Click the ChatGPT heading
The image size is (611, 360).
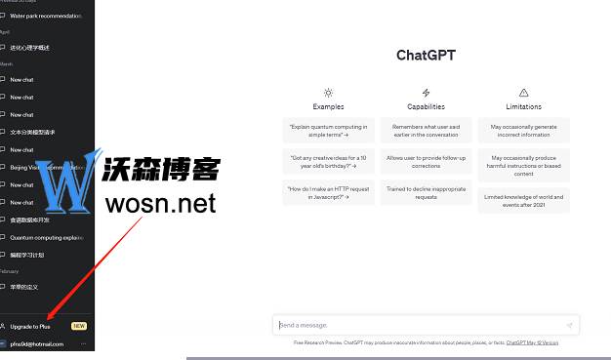[x=426, y=56]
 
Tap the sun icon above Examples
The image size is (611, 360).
[x=328, y=93]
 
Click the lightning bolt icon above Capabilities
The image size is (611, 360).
[x=426, y=93]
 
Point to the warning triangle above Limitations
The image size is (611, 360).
[x=523, y=93]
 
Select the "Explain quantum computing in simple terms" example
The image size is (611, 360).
[x=328, y=130]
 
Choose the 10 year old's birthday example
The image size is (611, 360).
[x=328, y=161]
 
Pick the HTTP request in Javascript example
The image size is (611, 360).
[x=328, y=192]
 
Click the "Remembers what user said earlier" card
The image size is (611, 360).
[x=426, y=130]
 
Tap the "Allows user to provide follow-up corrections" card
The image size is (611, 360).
[x=426, y=161]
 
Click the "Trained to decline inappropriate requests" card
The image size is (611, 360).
[x=426, y=192]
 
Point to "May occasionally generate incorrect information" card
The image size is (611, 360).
[x=523, y=130]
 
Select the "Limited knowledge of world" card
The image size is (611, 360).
[x=523, y=199]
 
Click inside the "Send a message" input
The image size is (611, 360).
[x=410, y=325]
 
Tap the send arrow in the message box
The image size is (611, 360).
[x=569, y=325]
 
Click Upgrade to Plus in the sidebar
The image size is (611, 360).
[x=31, y=326]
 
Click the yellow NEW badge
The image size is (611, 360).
[x=79, y=326]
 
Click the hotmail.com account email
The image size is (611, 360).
[x=37, y=344]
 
